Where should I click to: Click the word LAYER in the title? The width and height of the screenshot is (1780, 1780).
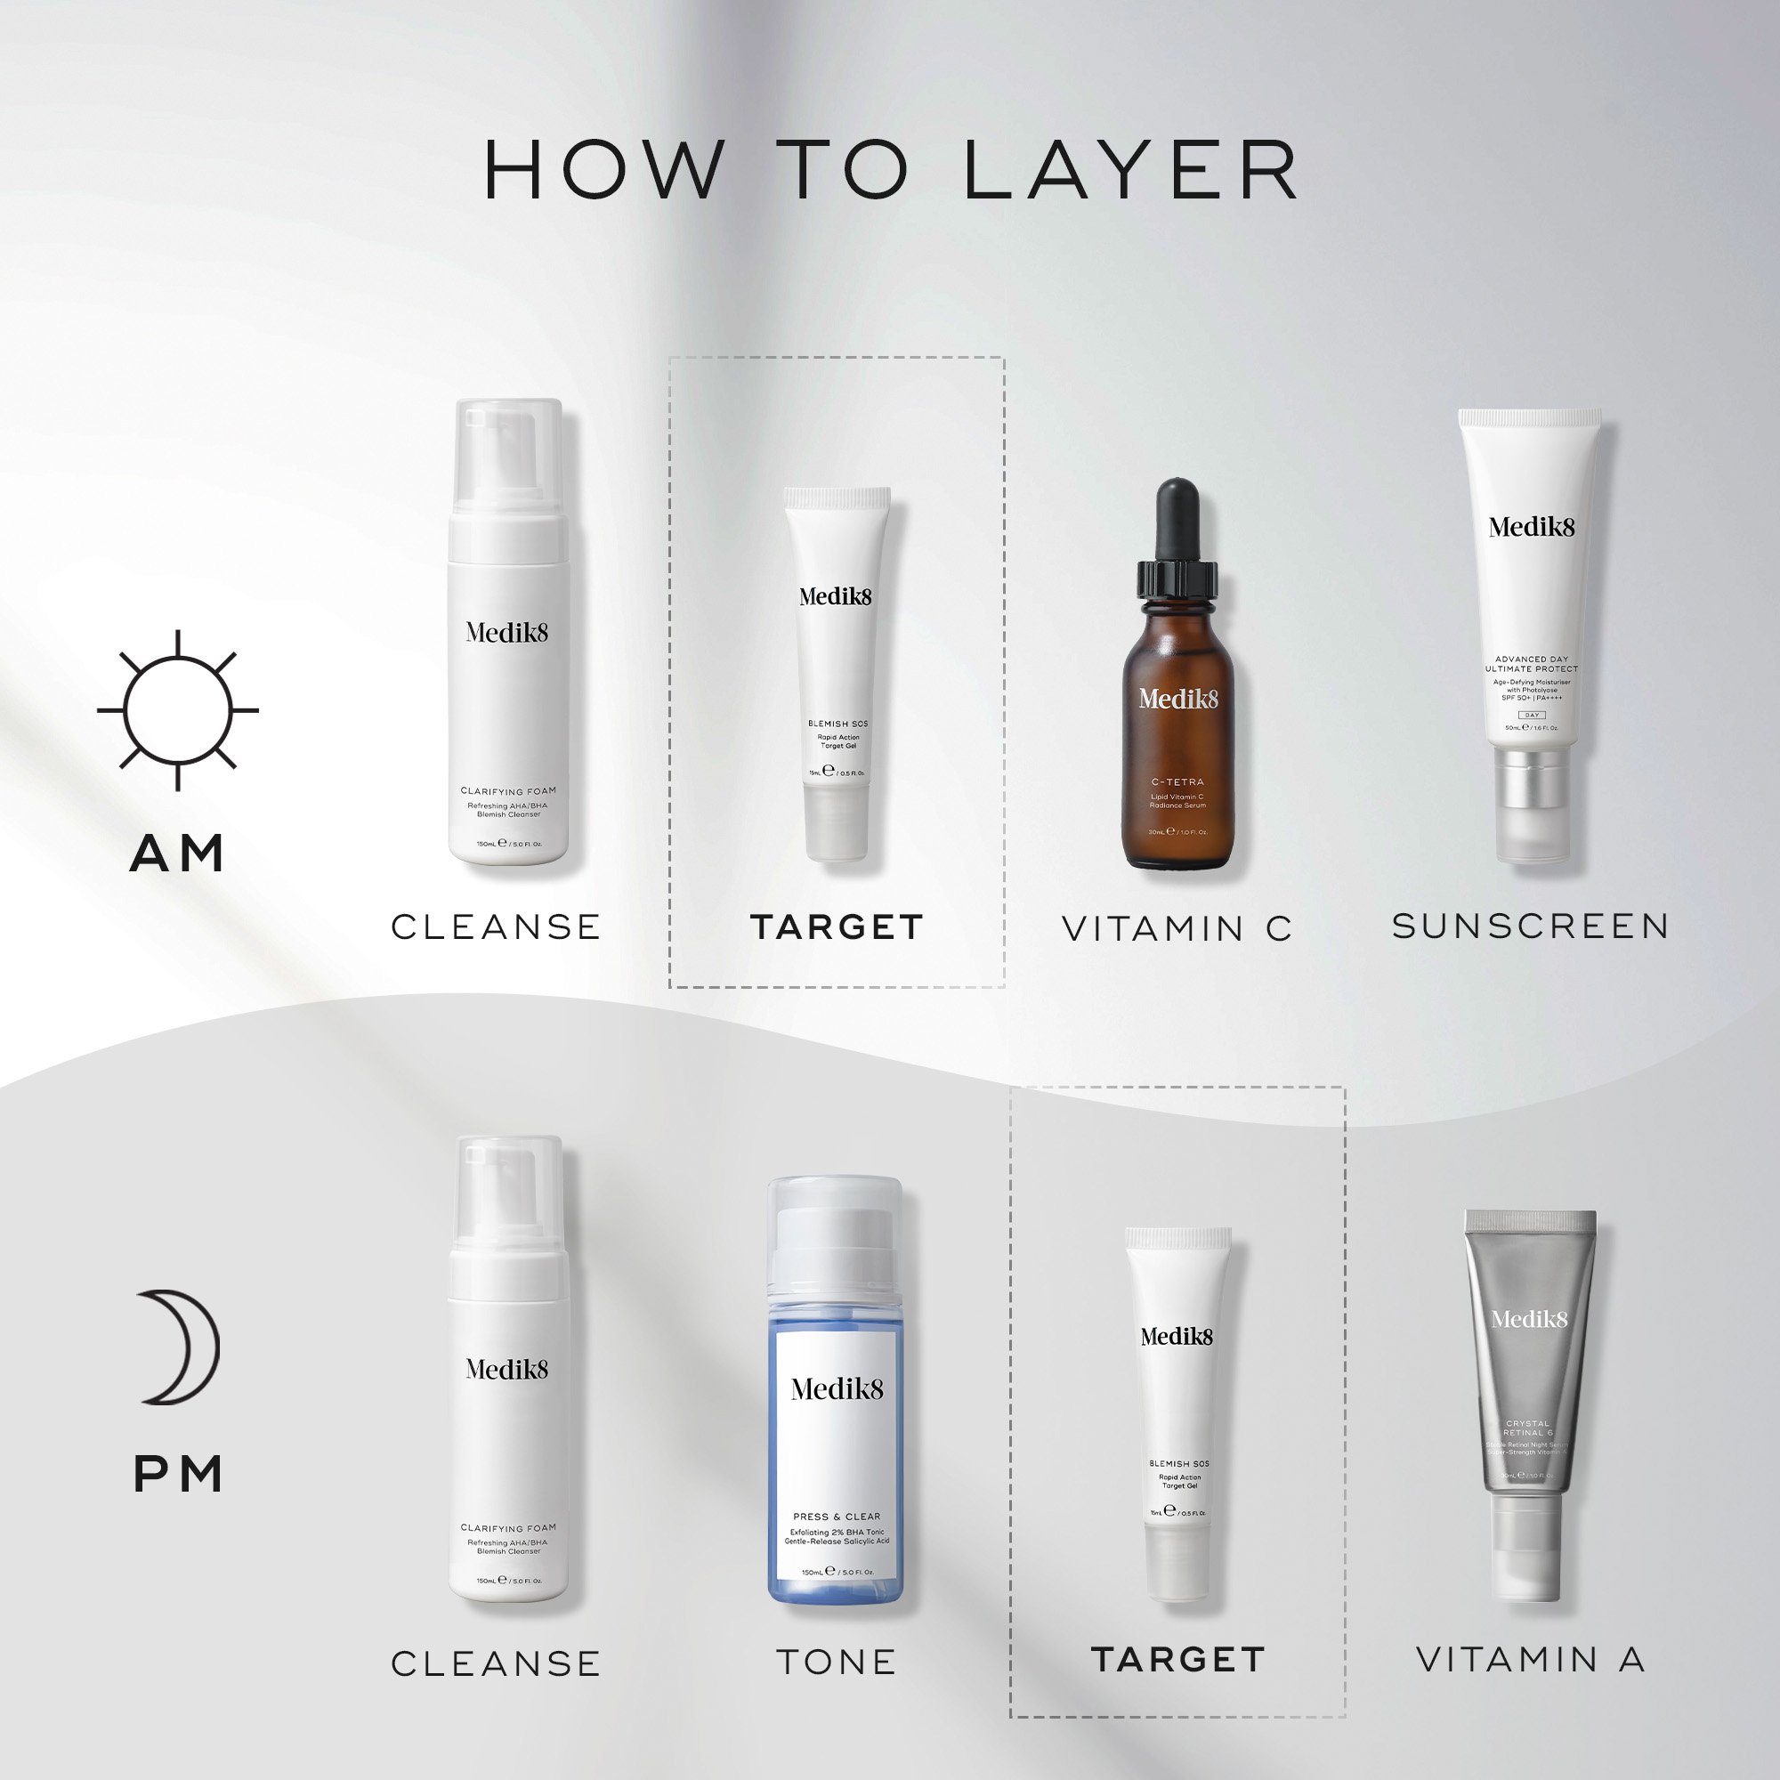[1131, 171]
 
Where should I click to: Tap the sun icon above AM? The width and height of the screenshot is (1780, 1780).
[178, 710]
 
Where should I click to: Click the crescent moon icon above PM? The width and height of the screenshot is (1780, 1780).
[181, 1347]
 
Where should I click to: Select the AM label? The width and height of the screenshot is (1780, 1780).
[178, 854]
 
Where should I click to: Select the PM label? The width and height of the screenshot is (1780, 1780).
[178, 1474]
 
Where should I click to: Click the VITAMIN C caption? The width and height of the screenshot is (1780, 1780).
[1177, 928]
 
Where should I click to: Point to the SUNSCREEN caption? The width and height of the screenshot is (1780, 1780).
[1530, 926]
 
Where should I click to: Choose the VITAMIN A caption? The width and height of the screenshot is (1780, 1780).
[1530, 1659]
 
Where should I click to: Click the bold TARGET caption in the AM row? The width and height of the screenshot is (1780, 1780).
[837, 926]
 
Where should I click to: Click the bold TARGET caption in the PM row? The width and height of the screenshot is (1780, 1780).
[1177, 1659]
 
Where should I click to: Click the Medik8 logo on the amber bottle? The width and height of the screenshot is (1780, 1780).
[1177, 700]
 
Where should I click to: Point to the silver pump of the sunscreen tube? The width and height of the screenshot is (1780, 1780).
[1531, 783]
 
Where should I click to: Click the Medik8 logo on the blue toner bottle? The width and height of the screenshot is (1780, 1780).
[837, 1389]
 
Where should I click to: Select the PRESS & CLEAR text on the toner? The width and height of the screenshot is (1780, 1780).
[837, 1517]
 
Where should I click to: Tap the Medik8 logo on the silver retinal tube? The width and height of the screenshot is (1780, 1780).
[1529, 1319]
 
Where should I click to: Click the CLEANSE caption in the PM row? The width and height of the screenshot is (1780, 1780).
[496, 1664]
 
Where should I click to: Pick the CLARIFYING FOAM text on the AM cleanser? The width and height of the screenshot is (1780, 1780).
[507, 790]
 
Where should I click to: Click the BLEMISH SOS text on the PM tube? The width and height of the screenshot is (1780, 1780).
[1178, 1463]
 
